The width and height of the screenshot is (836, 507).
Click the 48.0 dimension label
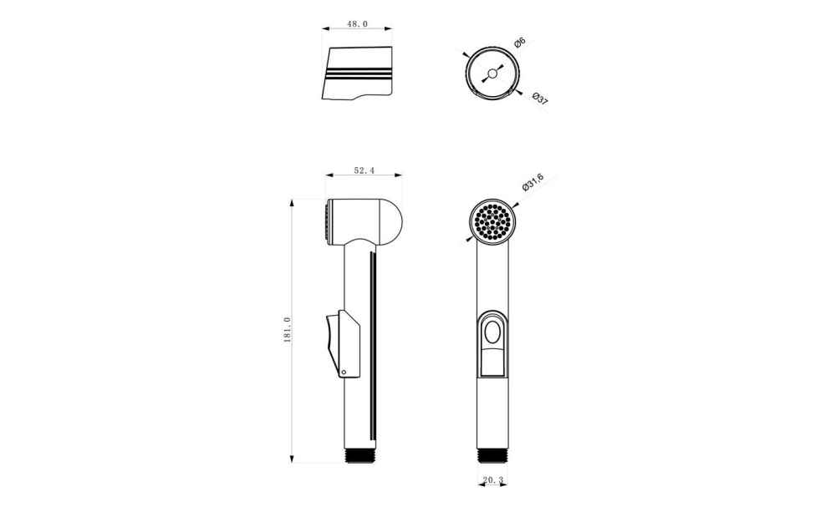pyautogui.click(x=357, y=24)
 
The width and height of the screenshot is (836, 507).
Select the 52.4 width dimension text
pyautogui.click(x=364, y=170)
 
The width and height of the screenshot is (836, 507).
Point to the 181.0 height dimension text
pyautogui.click(x=288, y=330)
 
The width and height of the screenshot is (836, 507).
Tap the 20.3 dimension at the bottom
pyautogui.click(x=492, y=479)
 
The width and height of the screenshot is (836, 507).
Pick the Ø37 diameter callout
pyautogui.click(x=540, y=98)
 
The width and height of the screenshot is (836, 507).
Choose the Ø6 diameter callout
pyautogui.click(x=520, y=43)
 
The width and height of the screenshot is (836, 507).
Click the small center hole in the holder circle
pyautogui.click(x=492, y=73)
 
